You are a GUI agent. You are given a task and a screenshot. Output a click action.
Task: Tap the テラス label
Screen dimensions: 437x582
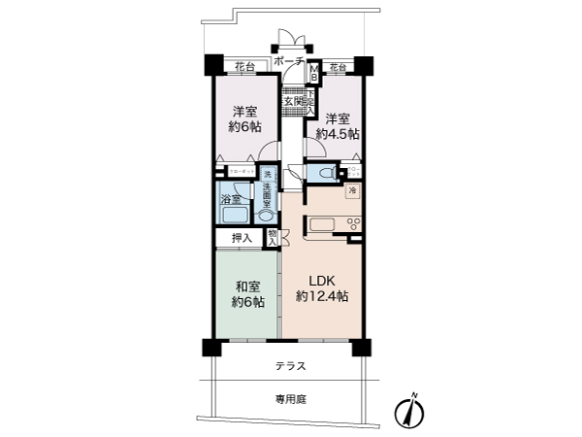[x=290, y=366]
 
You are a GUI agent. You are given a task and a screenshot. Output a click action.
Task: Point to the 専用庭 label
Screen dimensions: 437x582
[x=290, y=398]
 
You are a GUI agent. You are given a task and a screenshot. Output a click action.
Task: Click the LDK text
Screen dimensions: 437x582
[x=322, y=280]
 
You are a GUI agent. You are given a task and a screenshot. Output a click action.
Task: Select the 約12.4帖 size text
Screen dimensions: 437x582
[x=322, y=296]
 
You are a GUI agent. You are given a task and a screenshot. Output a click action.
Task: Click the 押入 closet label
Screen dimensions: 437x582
[x=241, y=238]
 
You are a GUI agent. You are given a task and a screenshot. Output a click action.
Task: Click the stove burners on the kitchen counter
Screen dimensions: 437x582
[x=353, y=226]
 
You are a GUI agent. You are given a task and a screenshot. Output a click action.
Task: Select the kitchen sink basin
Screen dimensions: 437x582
[x=321, y=227]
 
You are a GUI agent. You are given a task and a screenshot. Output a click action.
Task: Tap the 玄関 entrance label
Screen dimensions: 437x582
[x=293, y=100]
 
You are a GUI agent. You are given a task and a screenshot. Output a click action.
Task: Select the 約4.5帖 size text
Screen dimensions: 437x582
[x=342, y=133]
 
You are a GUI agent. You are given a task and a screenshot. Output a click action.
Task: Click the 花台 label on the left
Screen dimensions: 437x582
[x=244, y=66]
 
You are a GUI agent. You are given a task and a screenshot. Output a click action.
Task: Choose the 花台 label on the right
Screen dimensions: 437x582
[x=337, y=66]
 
